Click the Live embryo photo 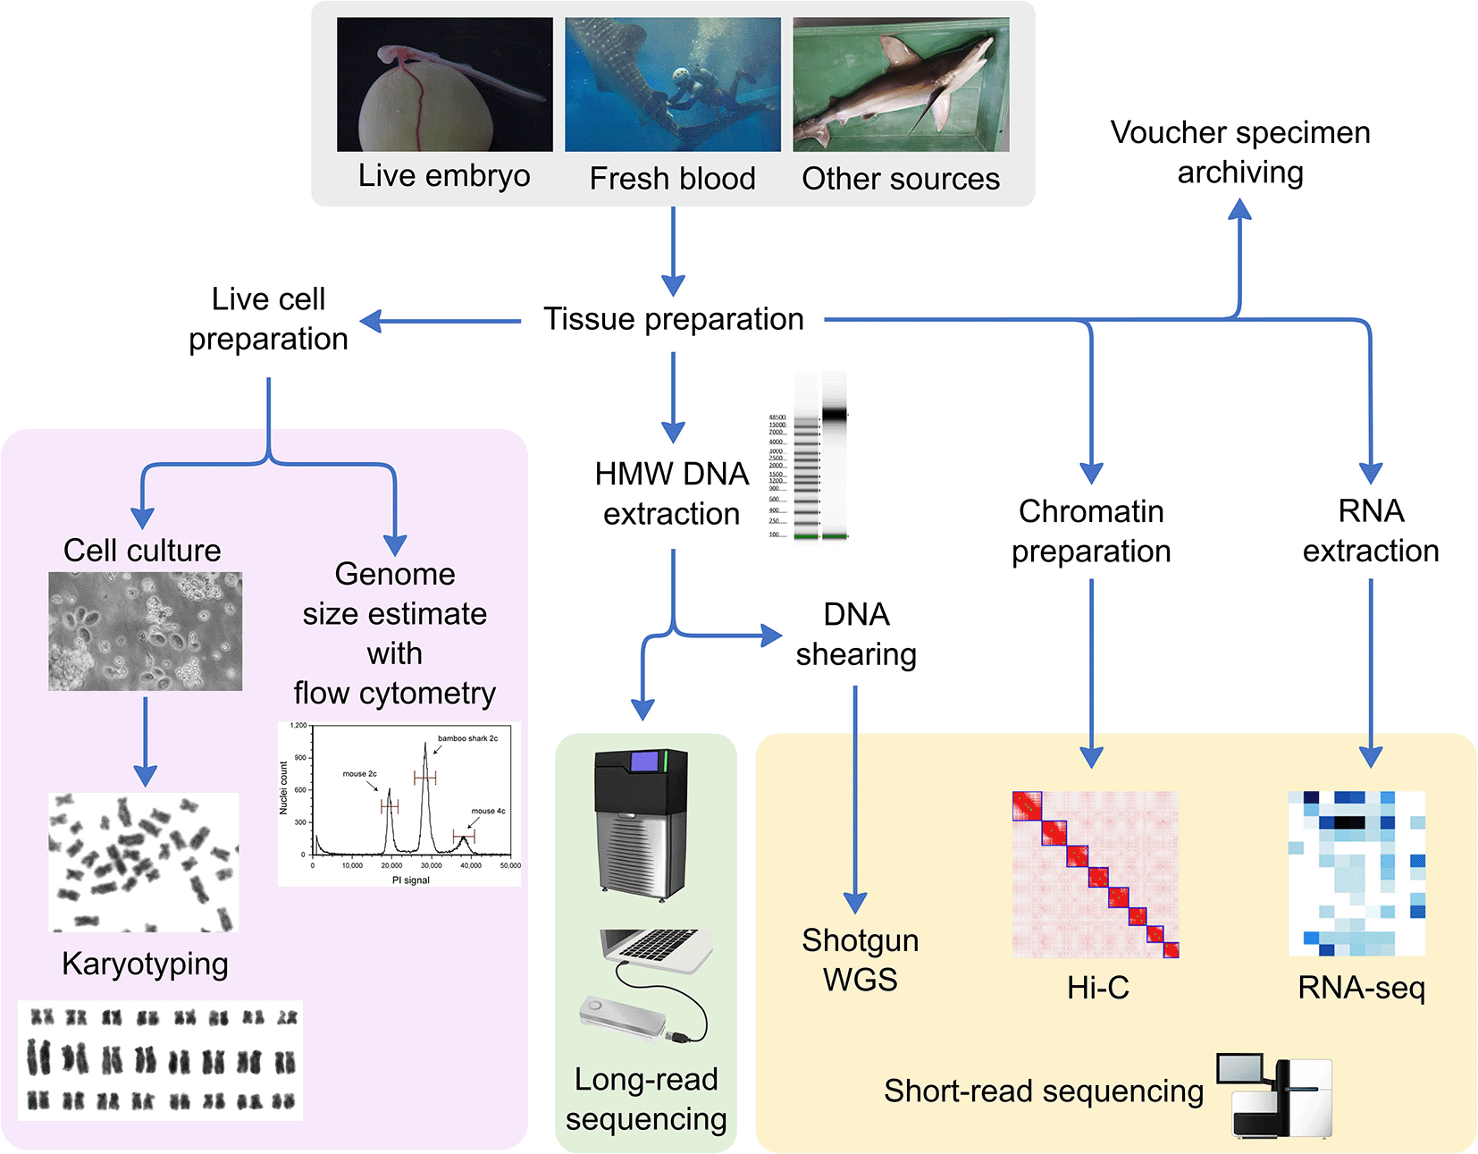tap(444, 85)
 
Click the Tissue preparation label tap(674, 319)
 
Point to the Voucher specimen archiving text tap(1239, 152)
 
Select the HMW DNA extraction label tap(672, 493)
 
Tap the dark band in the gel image tap(834, 414)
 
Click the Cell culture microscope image tap(145, 631)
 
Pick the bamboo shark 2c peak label tap(467, 738)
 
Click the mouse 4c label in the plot tap(488, 811)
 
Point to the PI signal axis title tap(411, 880)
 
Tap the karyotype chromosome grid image tap(161, 1060)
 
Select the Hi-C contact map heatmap tap(1096, 874)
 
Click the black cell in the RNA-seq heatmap tap(1348, 822)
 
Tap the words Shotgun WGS tap(860, 960)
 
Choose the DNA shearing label tap(856, 635)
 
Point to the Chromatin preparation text tap(1091, 531)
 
